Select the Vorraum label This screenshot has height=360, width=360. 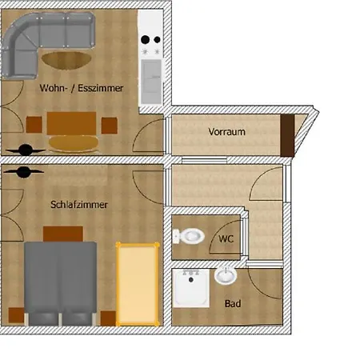point(226,131)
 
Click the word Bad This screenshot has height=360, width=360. point(233,304)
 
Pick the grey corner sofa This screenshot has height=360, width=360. point(40,40)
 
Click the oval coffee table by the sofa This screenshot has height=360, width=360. point(67,60)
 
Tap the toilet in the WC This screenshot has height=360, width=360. point(189,237)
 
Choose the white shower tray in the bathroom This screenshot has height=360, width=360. point(190,289)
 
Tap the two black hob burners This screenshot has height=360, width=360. point(150,39)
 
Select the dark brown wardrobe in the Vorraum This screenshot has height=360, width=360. point(287,133)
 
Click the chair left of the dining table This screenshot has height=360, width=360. point(34,125)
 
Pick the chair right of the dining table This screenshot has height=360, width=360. point(108,125)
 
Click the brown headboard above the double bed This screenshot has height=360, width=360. point(63,233)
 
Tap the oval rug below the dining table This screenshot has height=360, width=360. point(70,143)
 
